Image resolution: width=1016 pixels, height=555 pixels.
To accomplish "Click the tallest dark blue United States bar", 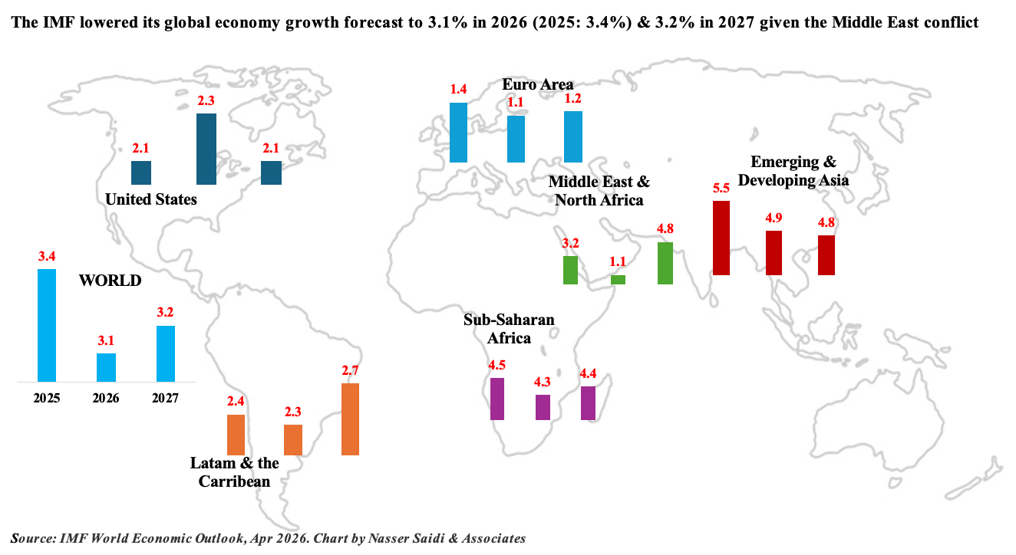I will pyautogui.click(x=206, y=149).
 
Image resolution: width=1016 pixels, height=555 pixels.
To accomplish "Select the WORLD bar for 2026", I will pyautogui.click(x=106, y=367).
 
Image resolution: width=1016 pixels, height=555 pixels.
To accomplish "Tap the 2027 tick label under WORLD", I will pyautogui.click(x=166, y=399).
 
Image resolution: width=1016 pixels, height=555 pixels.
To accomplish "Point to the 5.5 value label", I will pyautogui.click(x=721, y=188).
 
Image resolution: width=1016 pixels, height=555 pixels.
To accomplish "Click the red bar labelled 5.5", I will pyautogui.click(x=721, y=238).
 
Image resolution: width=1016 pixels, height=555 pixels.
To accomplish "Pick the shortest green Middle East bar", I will pyautogui.click(x=618, y=280).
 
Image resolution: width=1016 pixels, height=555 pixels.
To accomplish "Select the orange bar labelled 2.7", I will pyautogui.click(x=350, y=419).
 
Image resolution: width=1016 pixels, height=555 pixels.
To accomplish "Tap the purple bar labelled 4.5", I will pyautogui.click(x=497, y=399).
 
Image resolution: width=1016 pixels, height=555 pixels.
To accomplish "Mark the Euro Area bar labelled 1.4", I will pyautogui.click(x=458, y=132).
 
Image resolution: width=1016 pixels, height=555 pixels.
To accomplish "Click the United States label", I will pyautogui.click(x=151, y=199).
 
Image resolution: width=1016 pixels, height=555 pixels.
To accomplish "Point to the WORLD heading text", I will pyautogui.click(x=111, y=281).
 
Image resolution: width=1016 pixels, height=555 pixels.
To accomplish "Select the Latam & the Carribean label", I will pyautogui.click(x=235, y=472).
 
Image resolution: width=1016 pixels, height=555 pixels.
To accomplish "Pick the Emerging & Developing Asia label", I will pyautogui.click(x=793, y=171).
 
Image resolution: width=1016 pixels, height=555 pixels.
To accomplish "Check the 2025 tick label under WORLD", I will pyautogui.click(x=47, y=399).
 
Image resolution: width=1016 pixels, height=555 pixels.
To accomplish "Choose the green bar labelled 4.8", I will pyautogui.click(x=665, y=263).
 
